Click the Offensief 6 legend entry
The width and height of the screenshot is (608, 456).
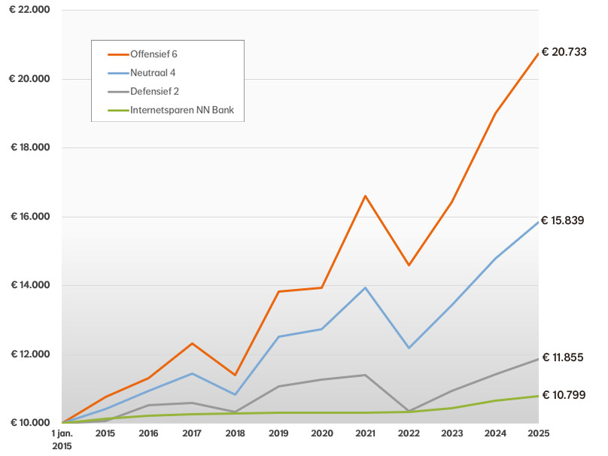[154, 54]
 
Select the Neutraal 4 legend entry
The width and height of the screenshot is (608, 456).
[152, 73]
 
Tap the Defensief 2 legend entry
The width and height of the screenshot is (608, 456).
[154, 91]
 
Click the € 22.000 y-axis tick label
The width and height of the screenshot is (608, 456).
[30, 10]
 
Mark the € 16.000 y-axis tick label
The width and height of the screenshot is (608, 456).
[30, 217]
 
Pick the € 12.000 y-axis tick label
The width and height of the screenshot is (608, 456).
[30, 354]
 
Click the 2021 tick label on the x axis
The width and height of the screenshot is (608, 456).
[365, 434]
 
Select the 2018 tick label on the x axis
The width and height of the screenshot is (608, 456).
[235, 434]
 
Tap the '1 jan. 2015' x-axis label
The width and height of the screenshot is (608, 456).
[63, 439]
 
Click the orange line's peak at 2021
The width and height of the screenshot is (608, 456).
[365, 196]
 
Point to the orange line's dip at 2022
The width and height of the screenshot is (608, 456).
[409, 265]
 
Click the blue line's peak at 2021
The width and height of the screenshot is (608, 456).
[365, 287]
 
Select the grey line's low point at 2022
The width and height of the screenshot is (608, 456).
[409, 411]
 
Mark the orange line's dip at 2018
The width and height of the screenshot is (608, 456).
[235, 375]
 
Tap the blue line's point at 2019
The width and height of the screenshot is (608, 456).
[278, 336]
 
